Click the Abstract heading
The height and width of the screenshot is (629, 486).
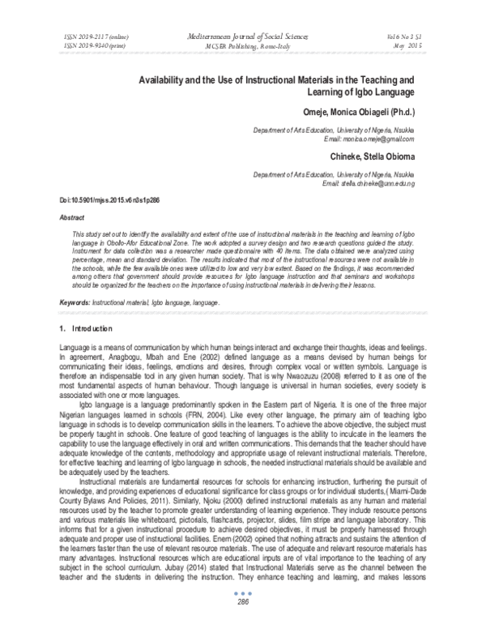click(x=75, y=218)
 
